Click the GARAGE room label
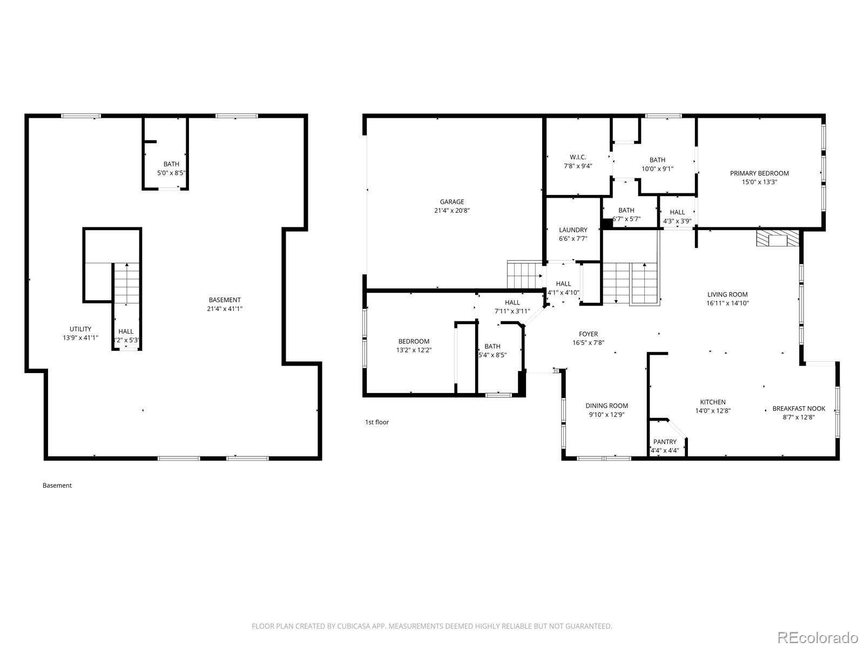coord(451,202)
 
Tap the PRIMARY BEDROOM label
coord(759,173)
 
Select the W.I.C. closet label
coord(577,157)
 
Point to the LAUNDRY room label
coord(573,230)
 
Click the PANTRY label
coord(664,442)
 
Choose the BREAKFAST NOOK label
coord(799,409)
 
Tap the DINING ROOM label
coord(606,406)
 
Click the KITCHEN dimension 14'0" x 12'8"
coord(713,410)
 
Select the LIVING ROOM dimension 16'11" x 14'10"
coord(727,303)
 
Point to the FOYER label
coord(588,334)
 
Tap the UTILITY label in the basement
coord(80,329)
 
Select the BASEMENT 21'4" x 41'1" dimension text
coord(225,309)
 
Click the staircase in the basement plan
coord(126,283)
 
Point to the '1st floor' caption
coord(377,422)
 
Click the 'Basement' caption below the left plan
coord(57,485)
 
